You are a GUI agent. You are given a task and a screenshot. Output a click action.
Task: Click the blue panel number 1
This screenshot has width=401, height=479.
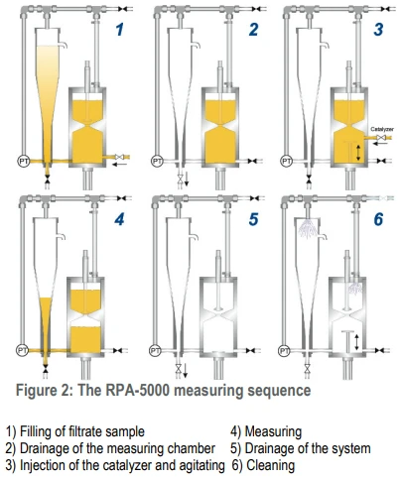point(120,29)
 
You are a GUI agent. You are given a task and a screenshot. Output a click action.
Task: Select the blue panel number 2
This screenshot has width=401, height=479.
point(254,29)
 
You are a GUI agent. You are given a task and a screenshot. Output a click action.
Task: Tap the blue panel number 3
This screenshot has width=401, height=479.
point(379,29)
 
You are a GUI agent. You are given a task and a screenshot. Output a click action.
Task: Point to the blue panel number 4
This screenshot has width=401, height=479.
point(119,219)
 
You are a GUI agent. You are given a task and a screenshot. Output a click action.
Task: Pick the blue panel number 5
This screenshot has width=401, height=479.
point(254,219)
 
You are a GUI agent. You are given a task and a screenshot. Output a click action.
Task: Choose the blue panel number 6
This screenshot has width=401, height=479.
point(379,219)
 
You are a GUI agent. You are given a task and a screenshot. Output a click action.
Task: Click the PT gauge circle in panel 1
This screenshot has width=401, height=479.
point(24,162)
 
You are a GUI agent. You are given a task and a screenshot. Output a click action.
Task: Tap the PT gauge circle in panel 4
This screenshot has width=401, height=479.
point(22,350)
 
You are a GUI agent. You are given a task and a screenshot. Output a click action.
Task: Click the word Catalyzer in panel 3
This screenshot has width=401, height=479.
point(382,129)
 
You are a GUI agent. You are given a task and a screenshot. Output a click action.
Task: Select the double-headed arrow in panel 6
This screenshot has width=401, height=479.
point(356,342)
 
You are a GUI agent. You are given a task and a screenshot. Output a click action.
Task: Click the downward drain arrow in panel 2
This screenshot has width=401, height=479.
point(187,179)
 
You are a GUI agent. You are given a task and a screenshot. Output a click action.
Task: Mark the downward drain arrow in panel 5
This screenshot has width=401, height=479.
point(186,370)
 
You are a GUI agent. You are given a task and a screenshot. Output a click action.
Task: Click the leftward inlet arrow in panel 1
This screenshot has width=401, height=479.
point(119,164)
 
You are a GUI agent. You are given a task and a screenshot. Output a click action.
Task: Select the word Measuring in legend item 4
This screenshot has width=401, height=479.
point(273,431)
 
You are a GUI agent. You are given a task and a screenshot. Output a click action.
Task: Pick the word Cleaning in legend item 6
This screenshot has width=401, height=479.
point(270,465)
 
